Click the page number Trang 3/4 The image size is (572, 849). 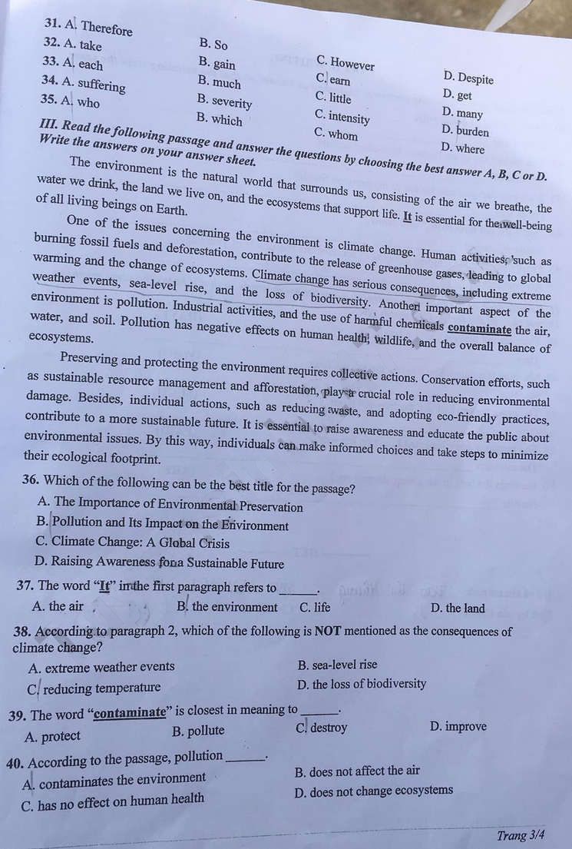point(521,835)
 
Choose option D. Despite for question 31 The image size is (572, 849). point(468,78)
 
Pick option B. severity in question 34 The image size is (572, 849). point(224,101)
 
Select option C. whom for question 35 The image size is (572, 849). point(336,134)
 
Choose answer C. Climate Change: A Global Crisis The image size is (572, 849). point(132,543)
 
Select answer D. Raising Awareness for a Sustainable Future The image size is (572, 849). point(159,563)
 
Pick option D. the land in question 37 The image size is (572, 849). point(458,608)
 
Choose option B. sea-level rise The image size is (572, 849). point(337,665)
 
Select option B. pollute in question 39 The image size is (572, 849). point(199,731)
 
